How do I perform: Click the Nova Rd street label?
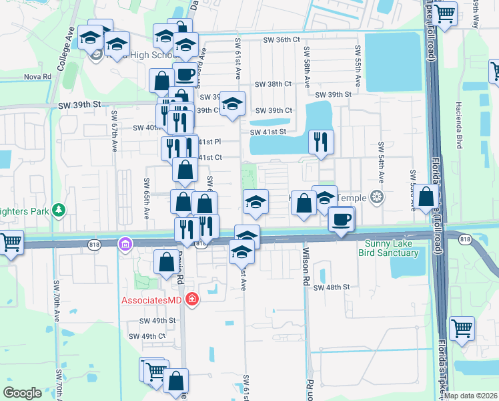click(x=37, y=77)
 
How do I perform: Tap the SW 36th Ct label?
click(x=279, y=39)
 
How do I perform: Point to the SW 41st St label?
click(x=268, y=132)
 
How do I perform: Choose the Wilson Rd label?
click(x=306, y=269)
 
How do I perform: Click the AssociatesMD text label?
click(x=151, y=300)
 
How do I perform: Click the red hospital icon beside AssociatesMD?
click(x=192, y=299)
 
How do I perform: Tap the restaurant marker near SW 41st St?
click(x=322, y=142)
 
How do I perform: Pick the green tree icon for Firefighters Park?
click(x=59, y=211)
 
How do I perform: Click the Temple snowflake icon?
click(x=377, y=197)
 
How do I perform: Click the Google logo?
click(x=22, y=392)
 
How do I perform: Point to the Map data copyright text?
click(x=470, y=396)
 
